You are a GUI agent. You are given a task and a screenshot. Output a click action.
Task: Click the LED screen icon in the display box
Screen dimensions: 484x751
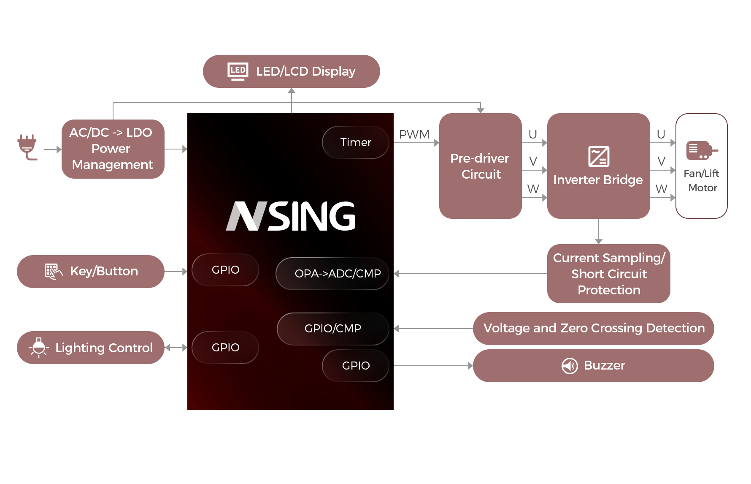[238, 71]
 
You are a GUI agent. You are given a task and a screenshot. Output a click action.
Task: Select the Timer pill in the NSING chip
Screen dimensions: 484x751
[355, 142]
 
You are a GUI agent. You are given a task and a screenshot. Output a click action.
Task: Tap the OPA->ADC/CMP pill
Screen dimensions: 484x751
[332, 274]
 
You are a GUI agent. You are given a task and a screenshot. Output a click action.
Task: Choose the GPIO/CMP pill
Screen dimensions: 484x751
[332, 329]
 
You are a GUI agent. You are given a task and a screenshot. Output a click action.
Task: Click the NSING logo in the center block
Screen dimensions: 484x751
[291, 216]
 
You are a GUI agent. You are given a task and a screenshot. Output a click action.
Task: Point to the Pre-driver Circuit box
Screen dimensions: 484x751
[480, 166]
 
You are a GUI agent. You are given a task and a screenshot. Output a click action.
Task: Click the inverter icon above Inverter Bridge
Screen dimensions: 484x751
[598, 156]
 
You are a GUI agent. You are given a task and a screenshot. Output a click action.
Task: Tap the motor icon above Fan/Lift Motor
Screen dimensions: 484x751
[701, 150]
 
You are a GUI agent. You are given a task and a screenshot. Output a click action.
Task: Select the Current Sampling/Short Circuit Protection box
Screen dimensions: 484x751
[608, 274]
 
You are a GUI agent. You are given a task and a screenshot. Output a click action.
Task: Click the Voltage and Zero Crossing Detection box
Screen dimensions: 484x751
[593, 328]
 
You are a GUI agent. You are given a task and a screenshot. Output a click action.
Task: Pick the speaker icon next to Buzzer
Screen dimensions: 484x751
[570, 366]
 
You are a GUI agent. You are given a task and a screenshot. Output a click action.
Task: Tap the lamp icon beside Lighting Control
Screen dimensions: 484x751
[39, 348]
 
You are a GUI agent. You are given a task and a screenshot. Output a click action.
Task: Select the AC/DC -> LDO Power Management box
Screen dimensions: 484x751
[113, 149]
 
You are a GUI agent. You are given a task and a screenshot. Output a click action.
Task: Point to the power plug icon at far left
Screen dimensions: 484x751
[27, 147]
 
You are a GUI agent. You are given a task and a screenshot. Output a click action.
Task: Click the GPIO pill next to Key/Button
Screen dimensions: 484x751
[225, 270]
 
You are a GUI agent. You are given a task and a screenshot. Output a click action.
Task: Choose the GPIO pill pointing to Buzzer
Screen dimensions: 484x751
[355, 366]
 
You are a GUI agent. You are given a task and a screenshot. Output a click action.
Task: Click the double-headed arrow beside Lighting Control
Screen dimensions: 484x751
[176, 348]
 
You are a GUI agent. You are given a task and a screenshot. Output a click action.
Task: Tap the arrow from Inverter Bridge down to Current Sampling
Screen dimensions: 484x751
[598, 231]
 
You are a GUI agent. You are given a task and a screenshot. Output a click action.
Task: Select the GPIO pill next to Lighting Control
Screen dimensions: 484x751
[225, 348]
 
